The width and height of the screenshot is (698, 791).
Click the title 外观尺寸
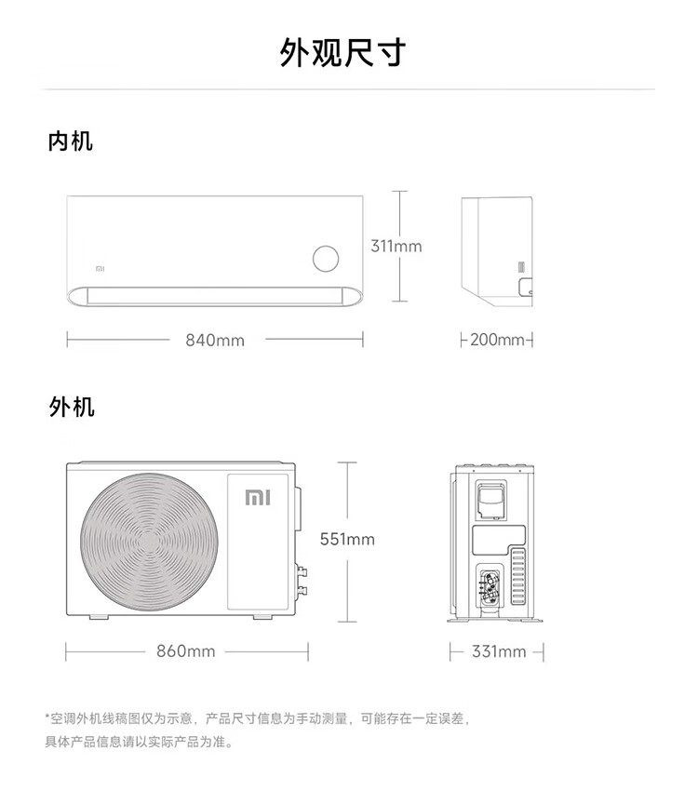click(x=342, y=52)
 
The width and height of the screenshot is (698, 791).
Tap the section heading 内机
click(x=71, y=141)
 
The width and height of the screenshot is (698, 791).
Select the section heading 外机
click(x=72, y=407)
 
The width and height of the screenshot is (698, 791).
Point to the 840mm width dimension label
click(x=215, y=340)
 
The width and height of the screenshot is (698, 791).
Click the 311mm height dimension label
click(x=396, y=247)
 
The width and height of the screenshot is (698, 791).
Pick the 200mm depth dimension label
click(x=497, y=340)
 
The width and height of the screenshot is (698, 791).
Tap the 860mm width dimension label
click(x=185, y=650)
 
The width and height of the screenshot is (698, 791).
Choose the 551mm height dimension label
click(x=347, y=539)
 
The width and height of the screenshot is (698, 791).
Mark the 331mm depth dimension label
click(x=499, y=651)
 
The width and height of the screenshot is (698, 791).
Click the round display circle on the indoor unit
click(x=326, y=259)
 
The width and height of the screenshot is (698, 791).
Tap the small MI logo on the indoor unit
click(x=100, y=269)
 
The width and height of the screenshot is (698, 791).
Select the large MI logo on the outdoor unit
click(x=258, y=498)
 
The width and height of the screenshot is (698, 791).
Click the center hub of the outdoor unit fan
click(x=149, y=543)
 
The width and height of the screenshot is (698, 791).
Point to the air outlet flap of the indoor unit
click(x=215, y=296)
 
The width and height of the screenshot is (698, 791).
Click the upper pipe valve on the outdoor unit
click(x=302, y=571)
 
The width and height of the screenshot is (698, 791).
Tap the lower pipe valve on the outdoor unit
click(x=302, y=590)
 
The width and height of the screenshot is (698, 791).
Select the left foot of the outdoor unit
click(x=99, y=616)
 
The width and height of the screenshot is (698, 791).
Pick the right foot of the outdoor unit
click(x=262, y=616)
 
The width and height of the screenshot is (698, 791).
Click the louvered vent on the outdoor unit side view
click(x=517, y=577)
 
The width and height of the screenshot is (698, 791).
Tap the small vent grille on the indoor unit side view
click(x=521, y=267)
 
